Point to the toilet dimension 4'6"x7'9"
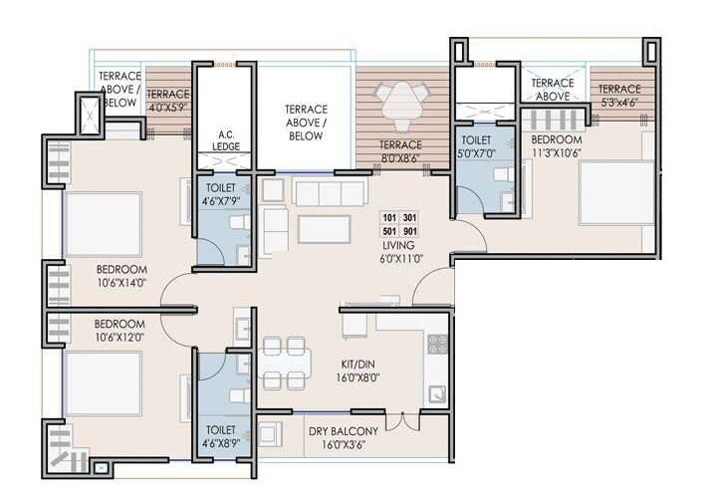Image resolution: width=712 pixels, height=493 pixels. click(221, 199)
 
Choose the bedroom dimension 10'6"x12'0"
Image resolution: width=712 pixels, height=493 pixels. click(119, 337)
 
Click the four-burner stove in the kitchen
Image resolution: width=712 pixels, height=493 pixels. click(437, 345)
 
